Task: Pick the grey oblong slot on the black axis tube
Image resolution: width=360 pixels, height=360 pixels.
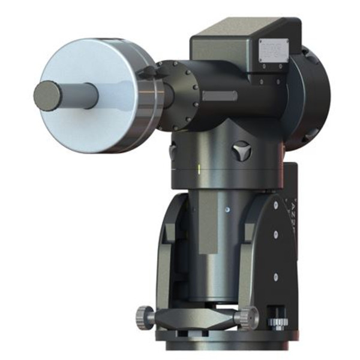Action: pos(219,96)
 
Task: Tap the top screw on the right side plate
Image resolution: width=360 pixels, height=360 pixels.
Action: pos(275,205)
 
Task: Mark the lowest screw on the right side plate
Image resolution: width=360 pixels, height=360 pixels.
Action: pos(275,277)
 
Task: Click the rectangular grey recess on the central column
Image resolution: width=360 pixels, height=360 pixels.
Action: pos(209,231)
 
